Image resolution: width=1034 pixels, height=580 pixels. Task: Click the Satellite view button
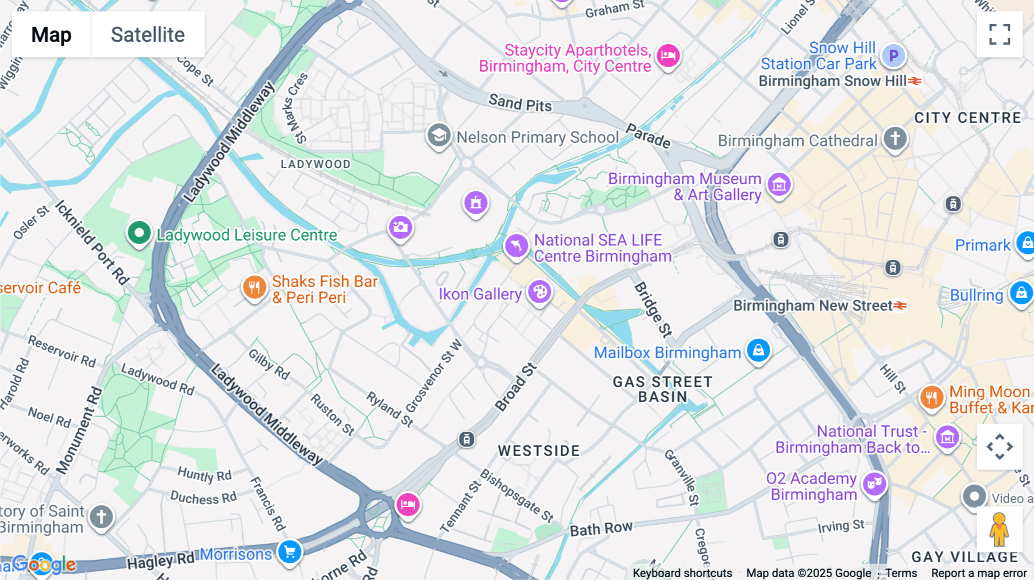click(148, 34)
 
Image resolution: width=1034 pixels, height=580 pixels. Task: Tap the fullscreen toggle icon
click(1000, 34)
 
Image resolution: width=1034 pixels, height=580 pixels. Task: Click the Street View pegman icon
click(999, 529)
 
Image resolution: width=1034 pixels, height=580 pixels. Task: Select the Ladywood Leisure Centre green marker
click(138, 233)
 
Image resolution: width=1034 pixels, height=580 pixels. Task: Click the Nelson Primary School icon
click(439, 136)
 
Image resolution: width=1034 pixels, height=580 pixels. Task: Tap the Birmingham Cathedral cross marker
click(894, 138)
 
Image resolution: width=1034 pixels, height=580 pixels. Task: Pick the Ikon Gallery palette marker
click(539, 292)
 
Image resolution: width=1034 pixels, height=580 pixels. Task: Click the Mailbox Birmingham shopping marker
click(758, 350)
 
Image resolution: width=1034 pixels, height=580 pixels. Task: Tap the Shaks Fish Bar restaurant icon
click(254, 287)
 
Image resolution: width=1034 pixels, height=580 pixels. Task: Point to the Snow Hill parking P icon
click(893, 56)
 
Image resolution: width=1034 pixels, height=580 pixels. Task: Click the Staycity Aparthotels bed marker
click(668, 56)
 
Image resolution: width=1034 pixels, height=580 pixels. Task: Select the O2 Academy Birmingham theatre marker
click(874, 485)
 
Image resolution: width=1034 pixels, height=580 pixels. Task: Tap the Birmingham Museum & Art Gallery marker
click(779, 185)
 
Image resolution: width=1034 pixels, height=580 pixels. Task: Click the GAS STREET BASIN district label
click(662, 389)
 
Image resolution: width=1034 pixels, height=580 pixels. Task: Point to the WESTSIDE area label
click(539, 451)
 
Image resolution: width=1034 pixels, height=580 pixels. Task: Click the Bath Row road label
click(601, 528)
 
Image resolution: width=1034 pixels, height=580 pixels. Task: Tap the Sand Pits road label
click(520, 103)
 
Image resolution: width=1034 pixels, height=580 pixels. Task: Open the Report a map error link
click(978, 573)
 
